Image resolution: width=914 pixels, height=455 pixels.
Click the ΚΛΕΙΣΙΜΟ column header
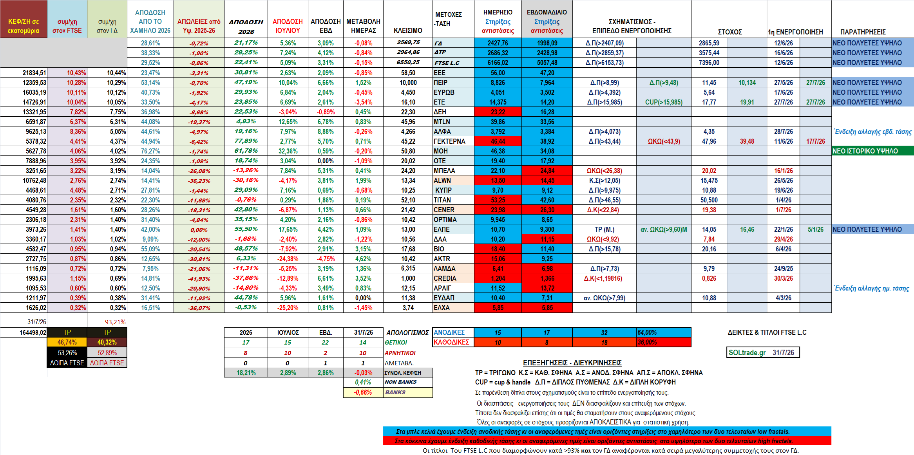pos(408,31)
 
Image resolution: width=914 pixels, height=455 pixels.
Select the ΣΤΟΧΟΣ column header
pos(730,32)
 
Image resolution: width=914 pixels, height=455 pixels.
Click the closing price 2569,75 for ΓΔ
pos(408,42)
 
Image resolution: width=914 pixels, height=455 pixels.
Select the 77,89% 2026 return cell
pos(246,141)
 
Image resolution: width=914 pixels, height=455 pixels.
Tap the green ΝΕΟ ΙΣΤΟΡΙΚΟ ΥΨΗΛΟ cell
pos(873,151)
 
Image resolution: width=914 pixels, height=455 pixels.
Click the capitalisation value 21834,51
pos(34,73)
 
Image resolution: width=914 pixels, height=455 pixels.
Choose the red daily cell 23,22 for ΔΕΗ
pos(498,112)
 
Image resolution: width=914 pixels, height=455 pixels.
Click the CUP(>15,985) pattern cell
pos(664,102)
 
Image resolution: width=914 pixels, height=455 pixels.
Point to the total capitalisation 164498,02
pos(33,332)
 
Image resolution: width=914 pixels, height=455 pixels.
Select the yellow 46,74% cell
pos(67,342)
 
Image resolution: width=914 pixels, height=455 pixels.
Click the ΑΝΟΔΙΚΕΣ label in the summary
pos(449,332)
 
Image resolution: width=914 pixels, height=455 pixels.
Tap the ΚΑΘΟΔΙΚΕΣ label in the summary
pos(451,342)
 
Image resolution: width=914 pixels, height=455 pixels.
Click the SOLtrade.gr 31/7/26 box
pos(763,352)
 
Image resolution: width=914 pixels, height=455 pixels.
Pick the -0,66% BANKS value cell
pos(363,392)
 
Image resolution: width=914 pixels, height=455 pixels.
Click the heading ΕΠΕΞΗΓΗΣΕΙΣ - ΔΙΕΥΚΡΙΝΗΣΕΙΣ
pos(572,363)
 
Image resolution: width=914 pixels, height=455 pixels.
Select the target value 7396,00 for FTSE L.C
pos(709,63)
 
